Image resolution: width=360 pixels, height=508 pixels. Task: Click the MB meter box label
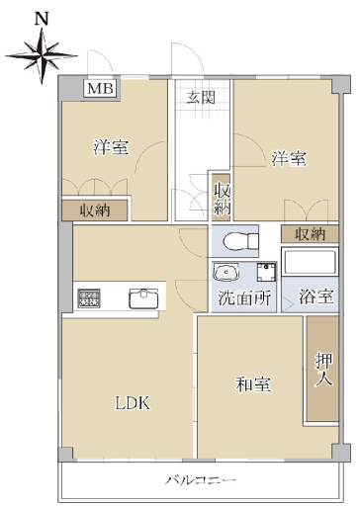pyautogui.click(x=100, y=88)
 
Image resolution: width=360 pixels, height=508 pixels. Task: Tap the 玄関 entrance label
pyautogui.click(x=201, y=97)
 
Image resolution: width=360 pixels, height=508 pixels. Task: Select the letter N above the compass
pyautogui.click(x=42, y=19)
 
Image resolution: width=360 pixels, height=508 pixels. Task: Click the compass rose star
pyautogui.click(x=42, y=55)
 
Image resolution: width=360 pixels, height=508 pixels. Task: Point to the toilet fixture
pyautogui.click(x=240, y=241)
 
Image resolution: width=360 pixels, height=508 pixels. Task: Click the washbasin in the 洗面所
pyautogui.click(x=225, y=272)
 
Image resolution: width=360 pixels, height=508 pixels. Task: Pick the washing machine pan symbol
pyautogui.click(x=266, y=272)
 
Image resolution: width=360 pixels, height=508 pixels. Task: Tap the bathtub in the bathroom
pyautogui.click(x=310, y=262)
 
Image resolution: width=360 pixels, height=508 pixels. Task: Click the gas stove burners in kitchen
pyautogui.click(x=89, y=298)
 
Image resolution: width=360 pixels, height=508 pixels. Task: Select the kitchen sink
pyautogui.click(x=143, y=298)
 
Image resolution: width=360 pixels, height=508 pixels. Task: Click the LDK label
pyautogui.click(x=133, y=403)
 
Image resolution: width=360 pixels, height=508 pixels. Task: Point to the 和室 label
pyautogui.click(x=253, y=384)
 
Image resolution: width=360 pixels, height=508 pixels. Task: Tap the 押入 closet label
pyautogui.click(x=323, y=370)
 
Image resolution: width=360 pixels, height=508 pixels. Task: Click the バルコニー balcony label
pyautogui.click(x=201, y=480)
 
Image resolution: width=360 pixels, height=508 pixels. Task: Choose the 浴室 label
pyautogui.click(x=316, y=296)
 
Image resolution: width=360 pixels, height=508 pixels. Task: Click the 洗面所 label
pyautogui.click(x=244, y=297)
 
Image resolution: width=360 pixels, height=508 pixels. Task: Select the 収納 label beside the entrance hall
pyautogui.click(x=222, y=199)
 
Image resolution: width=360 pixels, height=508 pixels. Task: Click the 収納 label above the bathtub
pyautogui.click(x=310, y=234)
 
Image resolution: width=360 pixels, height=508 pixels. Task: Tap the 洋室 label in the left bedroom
pyautogui.click(x=111, y=147)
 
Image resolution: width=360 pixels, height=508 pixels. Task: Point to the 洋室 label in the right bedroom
pyautogui.click(x=289, y=158)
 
